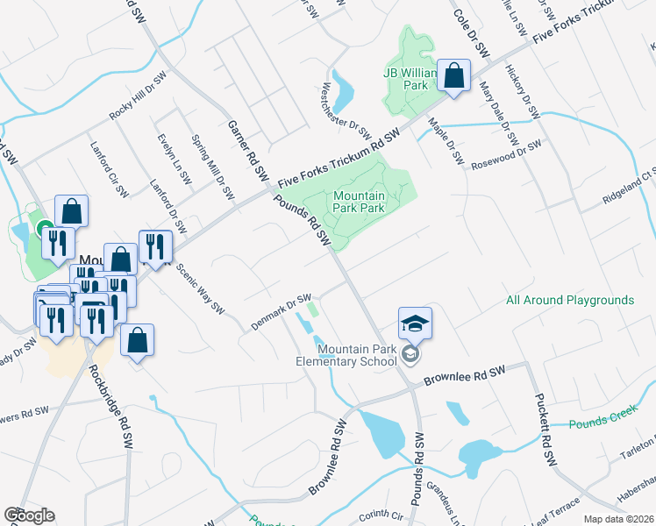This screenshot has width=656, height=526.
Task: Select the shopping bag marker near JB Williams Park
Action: point(453,76)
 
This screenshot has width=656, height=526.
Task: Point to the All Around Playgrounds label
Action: point(569,301)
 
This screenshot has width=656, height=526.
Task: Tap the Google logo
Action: point(29,515)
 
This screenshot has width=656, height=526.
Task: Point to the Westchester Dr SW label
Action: point(346,110)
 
